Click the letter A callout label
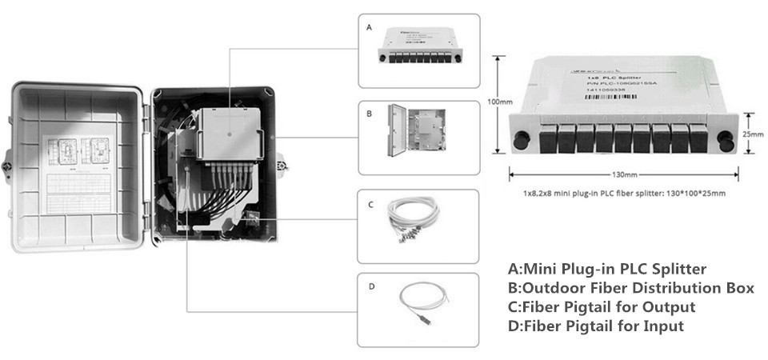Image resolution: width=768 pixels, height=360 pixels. (x=369, y=26)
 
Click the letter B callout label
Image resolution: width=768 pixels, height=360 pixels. (x=369, y=114)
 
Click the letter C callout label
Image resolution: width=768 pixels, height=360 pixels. (x=370, y=205)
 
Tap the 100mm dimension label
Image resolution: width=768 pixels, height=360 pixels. (x=500, y=102)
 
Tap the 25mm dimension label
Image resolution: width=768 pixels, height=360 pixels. (x=752, y=134)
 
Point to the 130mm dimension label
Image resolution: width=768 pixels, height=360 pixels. (x=624, y=174)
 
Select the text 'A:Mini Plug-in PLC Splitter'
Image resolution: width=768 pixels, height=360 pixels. (x=607, y=269)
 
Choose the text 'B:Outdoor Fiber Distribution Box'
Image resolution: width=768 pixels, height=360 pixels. (x=630, y=288)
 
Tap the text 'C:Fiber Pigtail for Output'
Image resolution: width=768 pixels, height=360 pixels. (x=601, y=307)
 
